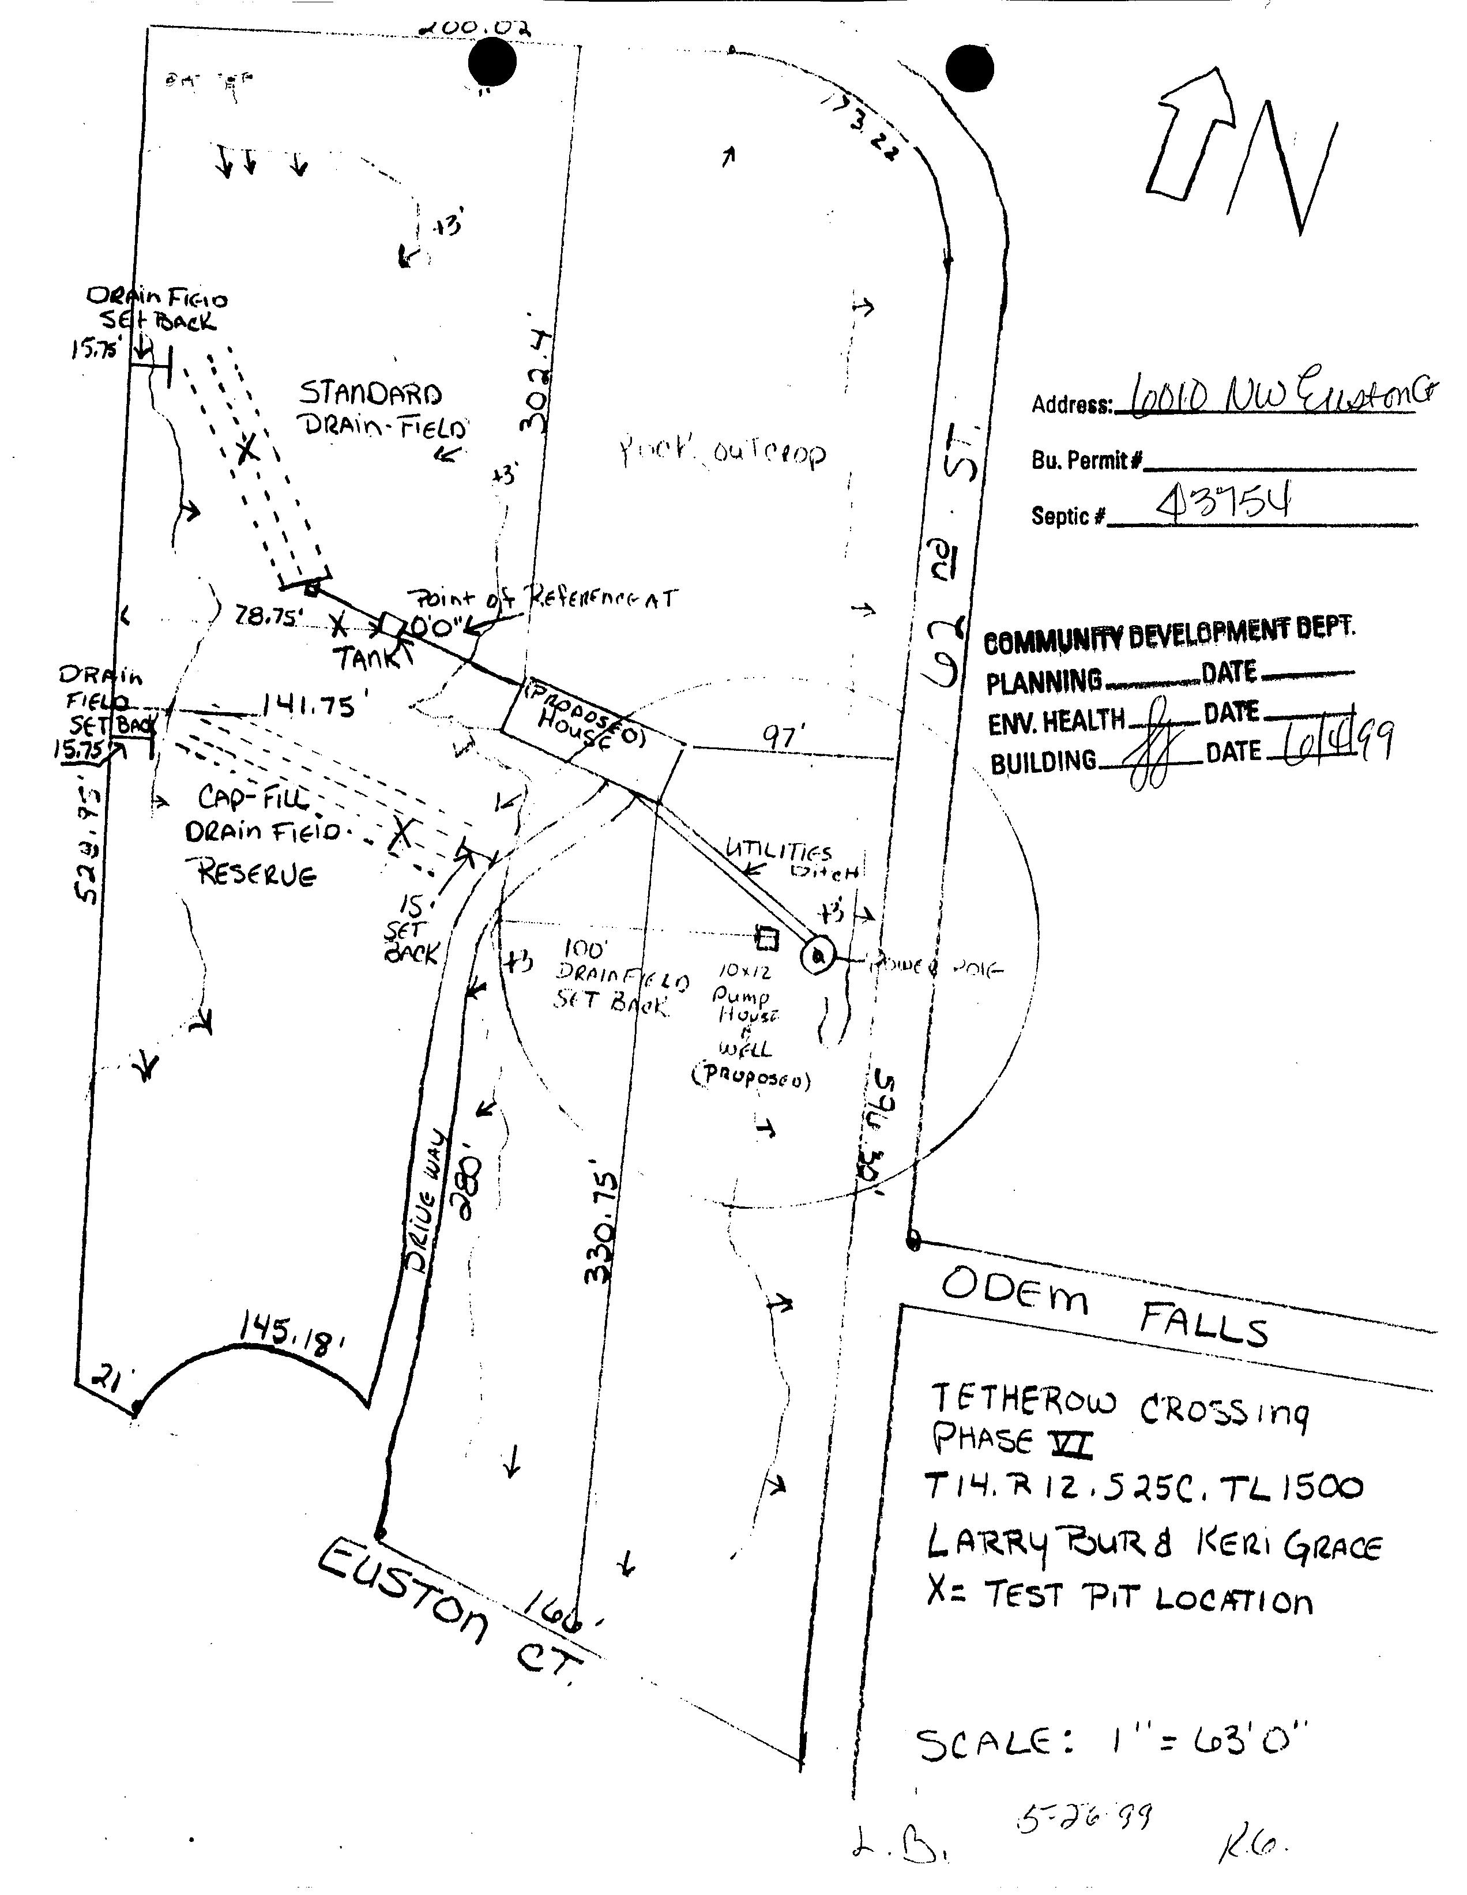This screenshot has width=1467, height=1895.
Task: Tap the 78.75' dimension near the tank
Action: pyautogui.click(x=269, y=617)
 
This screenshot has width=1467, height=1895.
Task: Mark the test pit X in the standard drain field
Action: pyautogui.click(x=247, y=449)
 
